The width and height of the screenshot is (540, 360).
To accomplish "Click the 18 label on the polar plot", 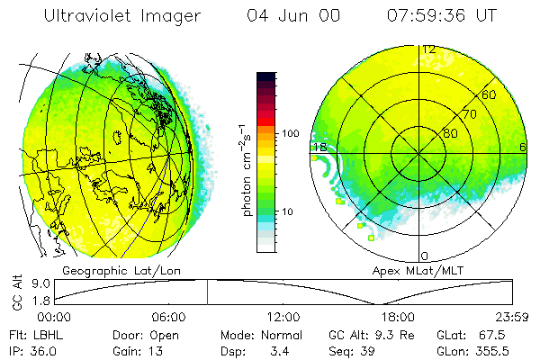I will [x=319, y=147].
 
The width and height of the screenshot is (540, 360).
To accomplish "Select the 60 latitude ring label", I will [x=489, y=94].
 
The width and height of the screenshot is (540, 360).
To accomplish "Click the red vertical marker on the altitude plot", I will [x=207, y=292].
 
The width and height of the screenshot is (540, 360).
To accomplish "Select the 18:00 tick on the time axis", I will [x=398, y=317].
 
